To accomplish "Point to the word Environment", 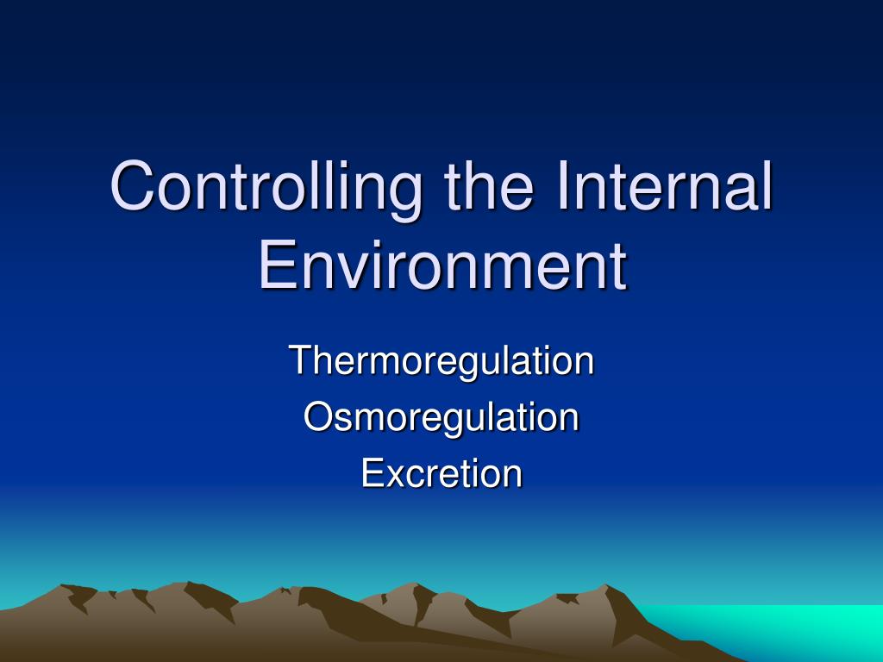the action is click(x=442, y=264).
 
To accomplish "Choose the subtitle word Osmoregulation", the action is click(x=441, y=419).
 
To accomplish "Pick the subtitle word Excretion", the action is click(x=441, y=473).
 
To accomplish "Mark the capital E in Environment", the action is click(x=278, y=264).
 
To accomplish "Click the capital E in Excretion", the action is click(x=373, y=473).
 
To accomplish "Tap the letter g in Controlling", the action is click(x=404, y=197).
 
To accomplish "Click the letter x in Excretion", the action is click(x=397, y=477).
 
